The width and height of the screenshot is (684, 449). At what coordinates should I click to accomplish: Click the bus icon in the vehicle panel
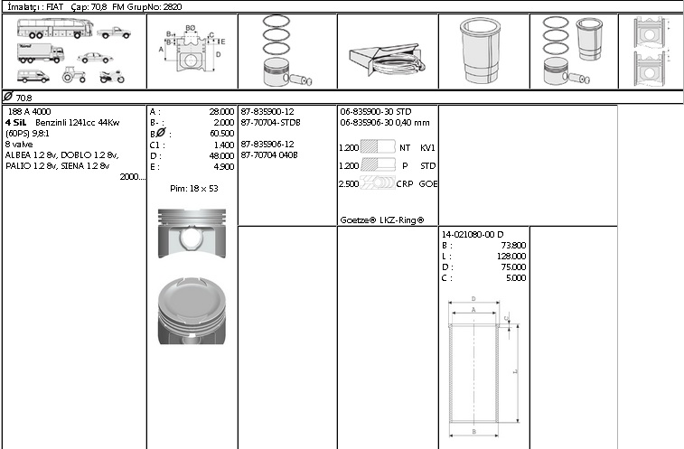[x=55, y=28]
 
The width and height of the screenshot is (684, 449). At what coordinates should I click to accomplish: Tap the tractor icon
[x=73, y=75]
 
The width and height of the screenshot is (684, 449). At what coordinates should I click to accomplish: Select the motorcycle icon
[x=112, y=77]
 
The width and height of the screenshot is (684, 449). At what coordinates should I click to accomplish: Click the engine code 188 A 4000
[x=29, y=112]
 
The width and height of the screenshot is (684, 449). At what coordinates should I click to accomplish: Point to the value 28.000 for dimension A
[x=221, y=112]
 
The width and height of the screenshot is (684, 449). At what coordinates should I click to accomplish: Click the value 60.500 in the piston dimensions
[x=221, y=134]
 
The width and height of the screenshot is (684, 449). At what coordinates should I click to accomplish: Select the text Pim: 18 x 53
[x=194, y=189]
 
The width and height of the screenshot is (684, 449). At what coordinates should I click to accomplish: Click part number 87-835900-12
[x=267, y=112]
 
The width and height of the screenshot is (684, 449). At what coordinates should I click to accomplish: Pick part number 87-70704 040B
[x=269, y=154]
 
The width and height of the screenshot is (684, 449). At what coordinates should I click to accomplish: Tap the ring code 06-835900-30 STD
[x=376, y=112]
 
